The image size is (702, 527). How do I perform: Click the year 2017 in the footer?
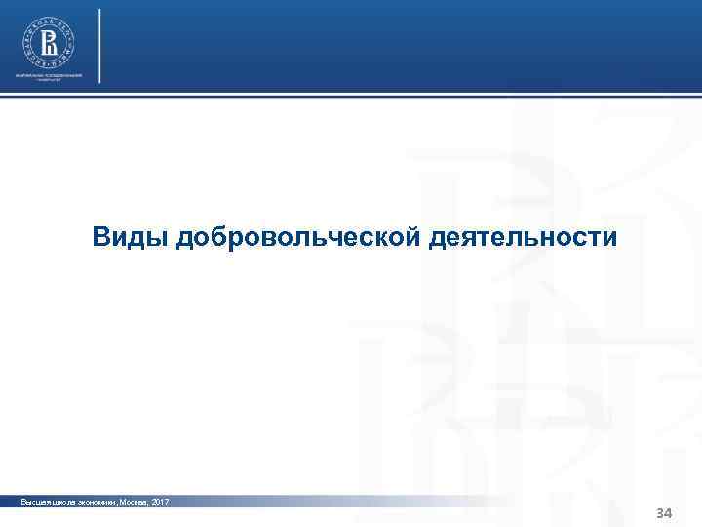tap(159, 502)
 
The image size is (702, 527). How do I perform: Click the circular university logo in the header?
tap(49, 42)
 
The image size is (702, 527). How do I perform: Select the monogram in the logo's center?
tap(49, 42)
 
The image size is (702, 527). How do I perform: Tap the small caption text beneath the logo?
tap(49, 77)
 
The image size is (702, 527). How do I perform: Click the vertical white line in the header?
tap(99, 45)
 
